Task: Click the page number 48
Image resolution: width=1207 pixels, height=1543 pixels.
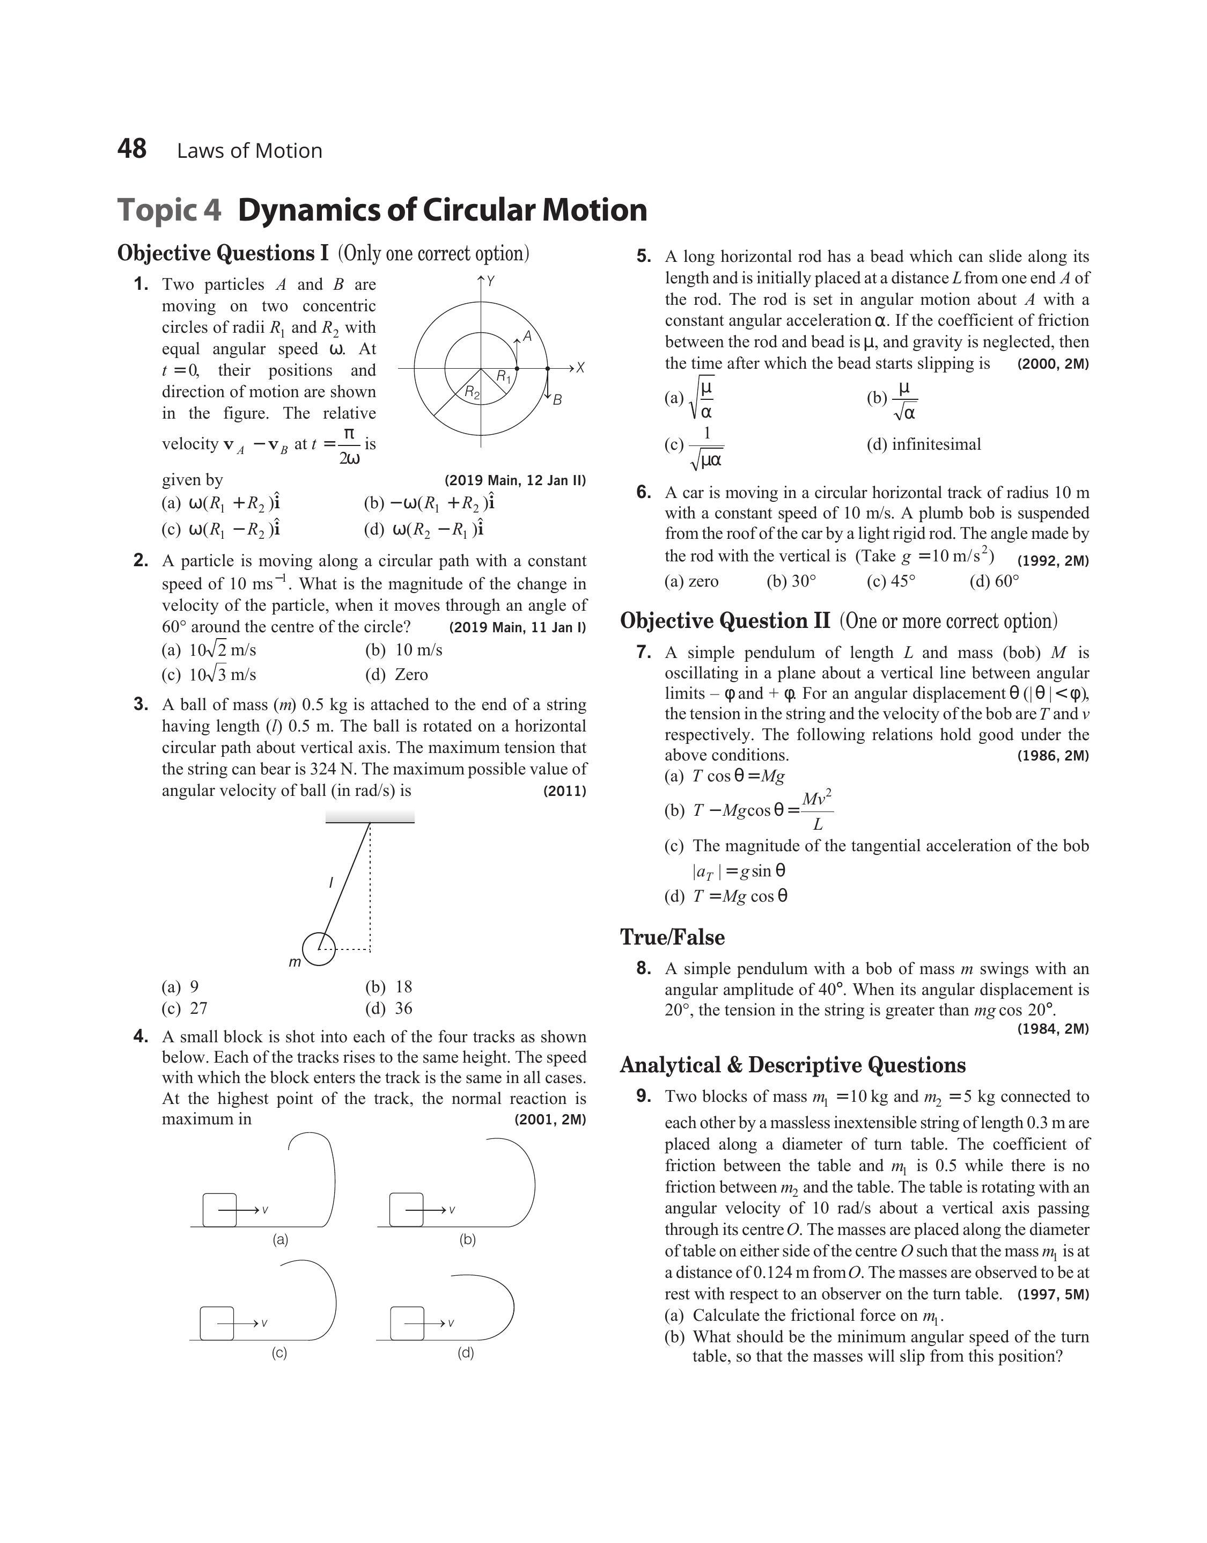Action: (x=132, y=149)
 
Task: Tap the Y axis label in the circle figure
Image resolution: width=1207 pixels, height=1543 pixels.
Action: (x=490, y=281)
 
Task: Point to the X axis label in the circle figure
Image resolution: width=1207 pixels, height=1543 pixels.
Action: (x=580, y=368)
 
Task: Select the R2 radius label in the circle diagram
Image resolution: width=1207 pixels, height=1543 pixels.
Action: (x=472, y=392)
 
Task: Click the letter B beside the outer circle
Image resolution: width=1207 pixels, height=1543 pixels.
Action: (x=557, y=400)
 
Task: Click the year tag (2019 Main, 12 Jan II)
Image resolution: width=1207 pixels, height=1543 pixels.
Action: (x=515, y=481)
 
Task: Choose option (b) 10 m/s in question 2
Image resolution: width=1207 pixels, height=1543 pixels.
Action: (x=404, y=649)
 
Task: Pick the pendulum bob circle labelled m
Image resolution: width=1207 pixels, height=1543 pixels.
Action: (x=319, y=948)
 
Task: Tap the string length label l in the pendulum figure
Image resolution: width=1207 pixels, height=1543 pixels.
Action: (x=331, y=882)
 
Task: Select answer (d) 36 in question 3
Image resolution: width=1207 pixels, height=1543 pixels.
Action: (x=389, y=1008)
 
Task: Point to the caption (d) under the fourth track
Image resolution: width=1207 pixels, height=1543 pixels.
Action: (x=466, y=1353)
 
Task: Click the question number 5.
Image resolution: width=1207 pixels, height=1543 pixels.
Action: (x=643, y=257)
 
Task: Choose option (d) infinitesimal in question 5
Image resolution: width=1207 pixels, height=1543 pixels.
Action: (x=924, y=444)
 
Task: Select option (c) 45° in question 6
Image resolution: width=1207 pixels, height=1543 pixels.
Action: (x=891, y=581)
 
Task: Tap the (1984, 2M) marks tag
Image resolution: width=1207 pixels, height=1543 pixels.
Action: (x=1053, y=1029)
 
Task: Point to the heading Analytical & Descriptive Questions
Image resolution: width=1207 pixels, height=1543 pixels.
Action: (x=793, y=1065)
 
